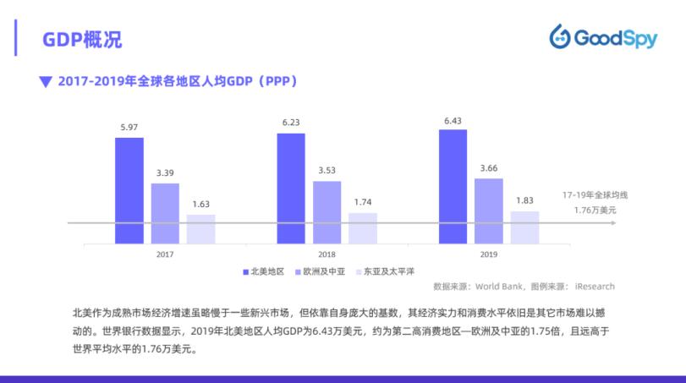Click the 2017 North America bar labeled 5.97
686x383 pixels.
tap(129, 190)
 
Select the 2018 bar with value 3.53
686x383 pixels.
tap(327, 211)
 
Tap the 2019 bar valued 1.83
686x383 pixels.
tap(524, 227)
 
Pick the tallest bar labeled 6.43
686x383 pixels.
tap(453, 186)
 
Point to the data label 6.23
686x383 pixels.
tap(291, 123)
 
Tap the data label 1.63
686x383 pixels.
tap(200, 204)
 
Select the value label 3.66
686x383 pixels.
tap(488, 168)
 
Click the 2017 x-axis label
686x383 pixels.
tap(165, 254)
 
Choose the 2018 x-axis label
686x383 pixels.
tap(327, 254)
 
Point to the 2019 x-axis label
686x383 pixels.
tap(488, 254)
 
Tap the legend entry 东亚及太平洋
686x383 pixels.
tap(388, 271)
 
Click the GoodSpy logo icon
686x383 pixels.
tap(560, 37)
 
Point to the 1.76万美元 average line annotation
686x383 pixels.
tap(595, 210)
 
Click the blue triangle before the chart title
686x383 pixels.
tap(46, 82)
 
